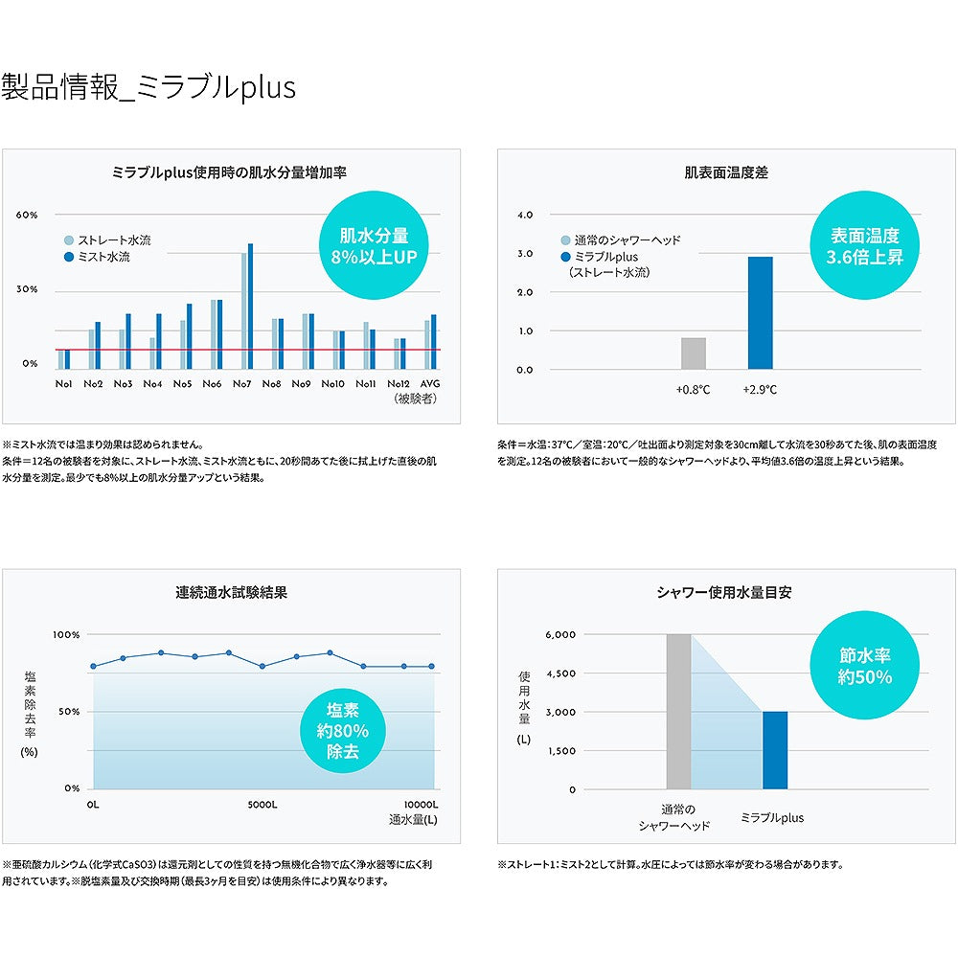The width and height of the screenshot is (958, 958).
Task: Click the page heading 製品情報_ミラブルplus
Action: pos(148,87)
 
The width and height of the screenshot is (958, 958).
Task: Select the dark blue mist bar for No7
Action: pos(250,306)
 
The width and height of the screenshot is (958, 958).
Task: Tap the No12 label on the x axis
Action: pos(398,383)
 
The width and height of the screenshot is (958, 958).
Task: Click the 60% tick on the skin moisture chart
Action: pos(26,215)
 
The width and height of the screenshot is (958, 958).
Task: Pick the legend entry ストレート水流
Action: pos(113,240)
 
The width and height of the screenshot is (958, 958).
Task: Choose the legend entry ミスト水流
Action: pos(106,258)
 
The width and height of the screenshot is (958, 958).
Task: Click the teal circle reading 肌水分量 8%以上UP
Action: pos(375,246)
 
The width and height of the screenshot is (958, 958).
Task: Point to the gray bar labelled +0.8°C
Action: pos(693,354)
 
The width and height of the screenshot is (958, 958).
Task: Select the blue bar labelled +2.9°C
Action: pos(760,313)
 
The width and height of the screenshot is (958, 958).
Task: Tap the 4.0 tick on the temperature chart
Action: pos(524,216)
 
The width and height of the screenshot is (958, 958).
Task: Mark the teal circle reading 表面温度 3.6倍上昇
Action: pos(865,246)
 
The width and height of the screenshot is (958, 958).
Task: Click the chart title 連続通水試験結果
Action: pos(231,592)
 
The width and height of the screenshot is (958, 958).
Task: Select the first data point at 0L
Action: pos(93,666)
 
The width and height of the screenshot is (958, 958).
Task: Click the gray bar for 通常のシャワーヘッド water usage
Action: pos(678,712)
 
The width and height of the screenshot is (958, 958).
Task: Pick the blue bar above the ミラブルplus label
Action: pos(774,750)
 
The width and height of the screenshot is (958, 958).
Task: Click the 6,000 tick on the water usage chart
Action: pos(559,634)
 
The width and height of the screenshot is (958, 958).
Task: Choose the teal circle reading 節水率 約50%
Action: pos(865,666)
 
